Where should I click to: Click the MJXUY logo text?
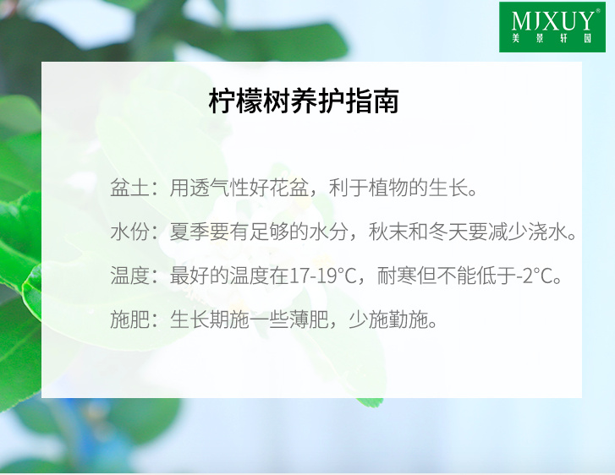pos(552,21)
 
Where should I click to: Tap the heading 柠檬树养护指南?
pos(304,101)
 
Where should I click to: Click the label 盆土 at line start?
pos(129,188)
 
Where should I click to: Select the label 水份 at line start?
pos(129,232)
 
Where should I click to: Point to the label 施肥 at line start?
pos(129,319)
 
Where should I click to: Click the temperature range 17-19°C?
pos(322,276)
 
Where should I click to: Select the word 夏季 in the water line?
pos(189,232)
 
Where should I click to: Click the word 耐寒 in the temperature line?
pos(397,276)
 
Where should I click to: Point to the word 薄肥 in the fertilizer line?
pos(309,319)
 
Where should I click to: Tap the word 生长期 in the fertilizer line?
pos(200,319)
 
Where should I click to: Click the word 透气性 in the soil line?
pos(219,188)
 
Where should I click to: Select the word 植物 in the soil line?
pos(388,188)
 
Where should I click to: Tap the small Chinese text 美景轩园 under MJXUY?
pos(552,38)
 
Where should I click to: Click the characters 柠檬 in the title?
pos(235,101)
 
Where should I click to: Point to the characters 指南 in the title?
pos(372,101)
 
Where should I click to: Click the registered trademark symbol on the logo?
pos(598,11)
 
